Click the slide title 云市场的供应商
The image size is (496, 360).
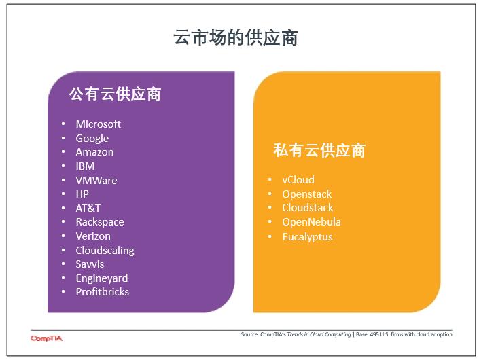(236, 37)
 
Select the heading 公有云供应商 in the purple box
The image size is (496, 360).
(115, 94)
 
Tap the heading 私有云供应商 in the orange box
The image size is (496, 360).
(319, 150)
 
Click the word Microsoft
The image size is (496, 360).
(99, 124)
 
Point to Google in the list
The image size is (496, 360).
(92, 139)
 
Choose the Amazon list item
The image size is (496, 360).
(94, 152)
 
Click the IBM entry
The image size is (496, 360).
(85, 166)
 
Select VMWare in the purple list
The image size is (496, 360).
(96, 180)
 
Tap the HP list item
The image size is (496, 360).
(82, 194)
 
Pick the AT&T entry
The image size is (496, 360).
(88, 208)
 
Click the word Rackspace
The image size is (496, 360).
(100, 222)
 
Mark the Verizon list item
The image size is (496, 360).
(93, 236)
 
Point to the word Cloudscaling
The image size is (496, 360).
(105, 251)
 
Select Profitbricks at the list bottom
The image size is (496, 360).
(103, 291)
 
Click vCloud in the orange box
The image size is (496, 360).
(298, 180)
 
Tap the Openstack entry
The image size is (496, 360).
(307, 194)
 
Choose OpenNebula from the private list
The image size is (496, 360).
(312, 221)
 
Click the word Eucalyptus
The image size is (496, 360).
(308, 237)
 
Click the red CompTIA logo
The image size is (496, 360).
(46, 338)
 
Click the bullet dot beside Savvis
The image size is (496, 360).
(63, 264)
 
